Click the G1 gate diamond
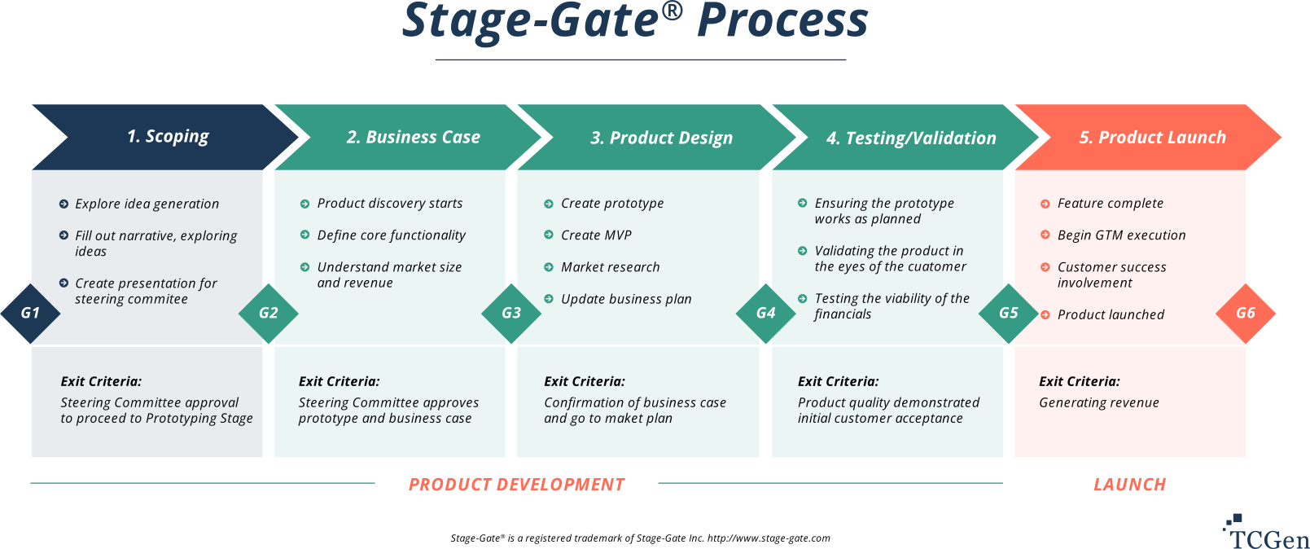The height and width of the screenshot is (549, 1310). pos(30,313)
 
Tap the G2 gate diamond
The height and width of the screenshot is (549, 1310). pos(269,313)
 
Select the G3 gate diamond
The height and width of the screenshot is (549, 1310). pos(511,313)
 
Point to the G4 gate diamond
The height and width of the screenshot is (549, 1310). pos(765,313)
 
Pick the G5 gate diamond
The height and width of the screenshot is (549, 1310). pos(1008,313)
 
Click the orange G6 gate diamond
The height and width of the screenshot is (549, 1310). pos(1246,313)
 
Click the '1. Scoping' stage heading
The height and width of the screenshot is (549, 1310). pos(168,136)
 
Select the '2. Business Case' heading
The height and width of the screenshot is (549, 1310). pos(414,137)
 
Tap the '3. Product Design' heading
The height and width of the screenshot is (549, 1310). pos(661,138)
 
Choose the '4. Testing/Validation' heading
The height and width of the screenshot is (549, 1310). pos(911,138)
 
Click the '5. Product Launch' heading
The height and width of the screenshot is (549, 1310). pos(1153,137)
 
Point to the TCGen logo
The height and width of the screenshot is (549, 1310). pos(1265,531)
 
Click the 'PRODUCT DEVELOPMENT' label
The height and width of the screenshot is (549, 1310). pos(516,485)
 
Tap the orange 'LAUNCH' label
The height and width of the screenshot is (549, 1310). pos(1130,485)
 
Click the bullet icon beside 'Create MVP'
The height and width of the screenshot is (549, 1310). pos(549,235)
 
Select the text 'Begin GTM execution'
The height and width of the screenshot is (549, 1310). pos(1122,235)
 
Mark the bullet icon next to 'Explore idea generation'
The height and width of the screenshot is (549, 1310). pos(64,204)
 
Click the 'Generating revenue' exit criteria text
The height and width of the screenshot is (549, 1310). pos(1099,402)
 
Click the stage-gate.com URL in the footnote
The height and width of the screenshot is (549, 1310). pos(769,538)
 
